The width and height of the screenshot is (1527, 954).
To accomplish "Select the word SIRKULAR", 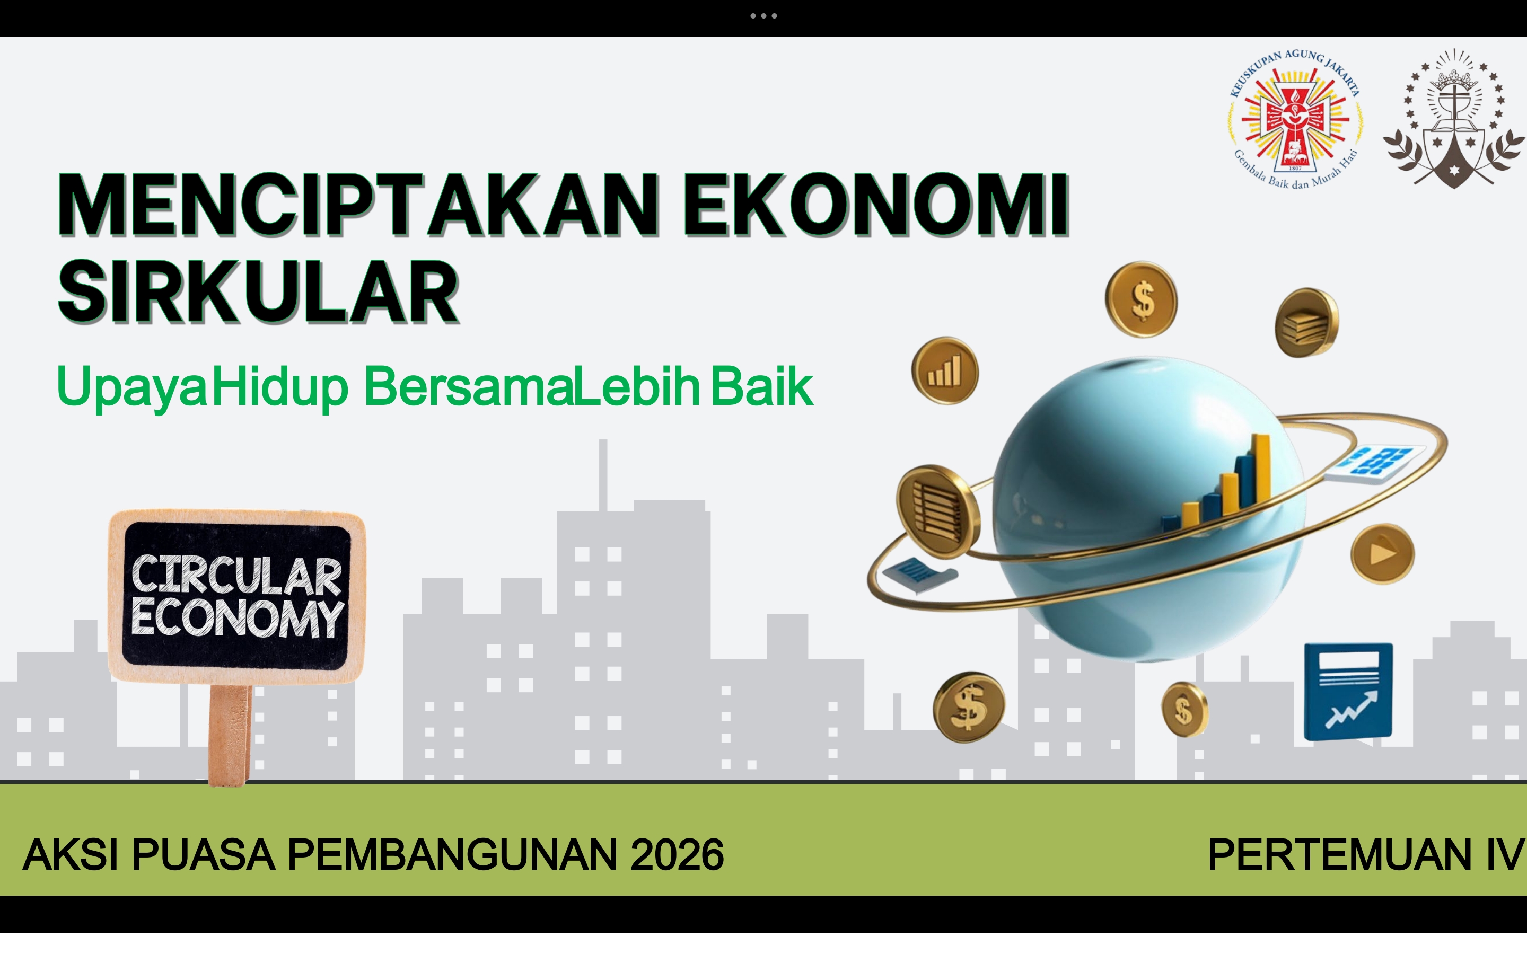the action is tap(258, 291).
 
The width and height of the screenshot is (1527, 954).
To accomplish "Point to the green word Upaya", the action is tap(131, 386).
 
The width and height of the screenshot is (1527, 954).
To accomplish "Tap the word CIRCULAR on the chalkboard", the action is tap(236, 575).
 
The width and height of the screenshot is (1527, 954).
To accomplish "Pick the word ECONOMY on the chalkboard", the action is tap(237, 619).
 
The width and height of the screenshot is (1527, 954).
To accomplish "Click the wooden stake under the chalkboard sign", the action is tap(230, 735).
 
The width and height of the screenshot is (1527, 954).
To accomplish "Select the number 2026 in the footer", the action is tap(677, 855).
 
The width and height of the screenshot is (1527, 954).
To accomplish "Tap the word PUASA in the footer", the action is tap(203, 855).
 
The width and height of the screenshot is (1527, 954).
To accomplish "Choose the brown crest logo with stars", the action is tap(1454, 119).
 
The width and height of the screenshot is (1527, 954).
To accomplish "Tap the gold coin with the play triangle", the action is tap(1382, 553).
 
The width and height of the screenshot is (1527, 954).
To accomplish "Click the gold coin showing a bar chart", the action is tap(945, 370).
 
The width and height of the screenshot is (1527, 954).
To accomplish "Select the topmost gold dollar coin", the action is tap(1142, 299).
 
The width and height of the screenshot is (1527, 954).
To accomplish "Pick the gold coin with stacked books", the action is tap(1307, 322).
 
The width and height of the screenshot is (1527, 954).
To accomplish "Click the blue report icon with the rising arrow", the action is tap(1348, 691).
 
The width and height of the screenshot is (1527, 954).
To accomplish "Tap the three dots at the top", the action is tap(763, 16).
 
